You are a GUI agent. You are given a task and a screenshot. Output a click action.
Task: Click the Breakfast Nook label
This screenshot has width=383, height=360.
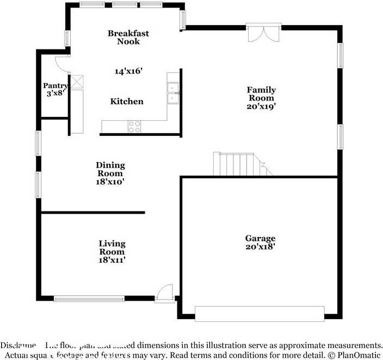point(128,38)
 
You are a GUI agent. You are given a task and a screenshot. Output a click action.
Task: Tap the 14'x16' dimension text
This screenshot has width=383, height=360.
point(128,71)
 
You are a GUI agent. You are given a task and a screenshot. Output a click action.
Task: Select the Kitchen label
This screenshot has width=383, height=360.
point(127,101)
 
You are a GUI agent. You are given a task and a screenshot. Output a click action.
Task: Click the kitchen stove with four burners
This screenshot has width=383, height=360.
point(134,127)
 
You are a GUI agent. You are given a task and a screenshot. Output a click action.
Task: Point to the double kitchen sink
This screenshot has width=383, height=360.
point(174,93)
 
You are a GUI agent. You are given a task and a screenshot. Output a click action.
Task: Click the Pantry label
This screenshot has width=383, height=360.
point(55,85)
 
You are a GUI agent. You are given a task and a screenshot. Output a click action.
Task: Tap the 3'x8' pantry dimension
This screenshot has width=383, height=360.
point(55,93)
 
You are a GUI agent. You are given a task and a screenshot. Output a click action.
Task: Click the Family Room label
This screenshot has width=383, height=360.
point(262,94)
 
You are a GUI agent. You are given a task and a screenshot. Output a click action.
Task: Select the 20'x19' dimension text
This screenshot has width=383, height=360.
point(262,107)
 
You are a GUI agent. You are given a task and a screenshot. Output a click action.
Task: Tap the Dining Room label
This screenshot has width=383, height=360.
point(110,169)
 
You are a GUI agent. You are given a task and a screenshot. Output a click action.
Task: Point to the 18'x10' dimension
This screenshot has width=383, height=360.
point(110,182)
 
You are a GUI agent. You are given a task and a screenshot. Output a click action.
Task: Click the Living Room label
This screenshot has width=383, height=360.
point(112,247)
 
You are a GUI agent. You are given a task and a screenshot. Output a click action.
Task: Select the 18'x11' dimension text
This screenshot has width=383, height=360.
point(112,260)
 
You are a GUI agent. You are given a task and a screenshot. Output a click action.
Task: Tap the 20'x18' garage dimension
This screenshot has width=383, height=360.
point(260,246)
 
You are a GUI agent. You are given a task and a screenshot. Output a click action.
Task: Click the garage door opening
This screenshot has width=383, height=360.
point(260,314)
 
